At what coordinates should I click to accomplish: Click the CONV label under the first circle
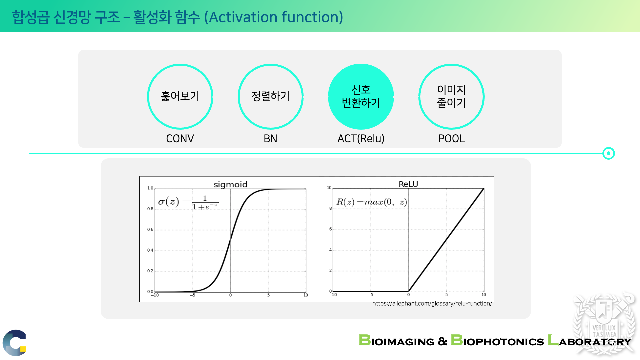(x=180, y=138)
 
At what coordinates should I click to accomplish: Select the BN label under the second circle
(x=270, y=138)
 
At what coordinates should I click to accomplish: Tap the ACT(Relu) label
(x=361, y=138)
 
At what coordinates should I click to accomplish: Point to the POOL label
(x=451, y=138)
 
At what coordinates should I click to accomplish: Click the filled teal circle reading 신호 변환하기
(x=361, y=97)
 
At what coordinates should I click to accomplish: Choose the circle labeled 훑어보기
(x=148, y=97)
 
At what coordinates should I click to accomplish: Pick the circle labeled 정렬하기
(x=239, y=97)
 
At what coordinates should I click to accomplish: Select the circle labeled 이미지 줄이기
(x=419, y=97)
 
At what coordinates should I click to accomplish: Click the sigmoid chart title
(x=230, y=185)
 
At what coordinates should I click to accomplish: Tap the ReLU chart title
(x=408, y=184)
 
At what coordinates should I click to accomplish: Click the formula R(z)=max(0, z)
(x=372, y=202)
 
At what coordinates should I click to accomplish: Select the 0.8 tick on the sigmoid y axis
(x=150, y=209)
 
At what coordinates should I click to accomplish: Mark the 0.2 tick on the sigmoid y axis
(x=150, y=271)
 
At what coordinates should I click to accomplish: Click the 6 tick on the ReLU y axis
(x=331, y=229)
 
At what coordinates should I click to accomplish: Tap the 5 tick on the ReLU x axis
(x=447, y=295)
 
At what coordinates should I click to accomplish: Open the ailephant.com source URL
(x=432, y=303)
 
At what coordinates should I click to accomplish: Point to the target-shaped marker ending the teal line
(x=609, y=153)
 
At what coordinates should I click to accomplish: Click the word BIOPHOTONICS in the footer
(x=497, y=341)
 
